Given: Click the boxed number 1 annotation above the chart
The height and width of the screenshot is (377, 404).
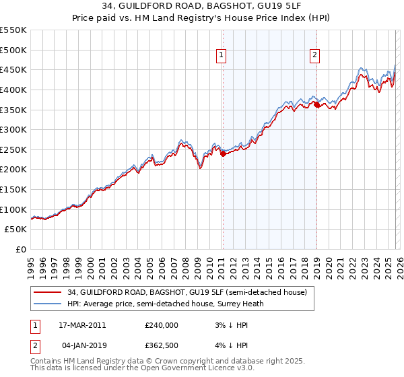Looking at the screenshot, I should [x=222, y=56].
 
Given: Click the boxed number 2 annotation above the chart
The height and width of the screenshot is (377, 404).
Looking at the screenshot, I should [x=314, y=56].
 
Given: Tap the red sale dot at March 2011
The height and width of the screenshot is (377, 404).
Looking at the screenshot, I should [x=223, y=153].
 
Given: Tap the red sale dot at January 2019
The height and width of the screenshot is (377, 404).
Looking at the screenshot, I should [x=316, y=104].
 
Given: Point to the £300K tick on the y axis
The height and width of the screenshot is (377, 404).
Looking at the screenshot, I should [x=13, y=129].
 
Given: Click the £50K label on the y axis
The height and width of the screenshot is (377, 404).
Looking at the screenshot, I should [x=16, y=230].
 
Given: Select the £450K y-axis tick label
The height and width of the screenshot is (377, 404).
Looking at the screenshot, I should [x=13, y=69].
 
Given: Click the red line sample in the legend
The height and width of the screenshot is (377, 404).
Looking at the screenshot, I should [x=48, y=292].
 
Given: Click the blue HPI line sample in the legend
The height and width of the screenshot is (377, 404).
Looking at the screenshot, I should [x=48, y=304].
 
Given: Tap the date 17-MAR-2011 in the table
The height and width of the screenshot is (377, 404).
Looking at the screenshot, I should [x=77, y=325].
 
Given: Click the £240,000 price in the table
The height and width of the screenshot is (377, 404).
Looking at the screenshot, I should [x=161, y=325].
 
